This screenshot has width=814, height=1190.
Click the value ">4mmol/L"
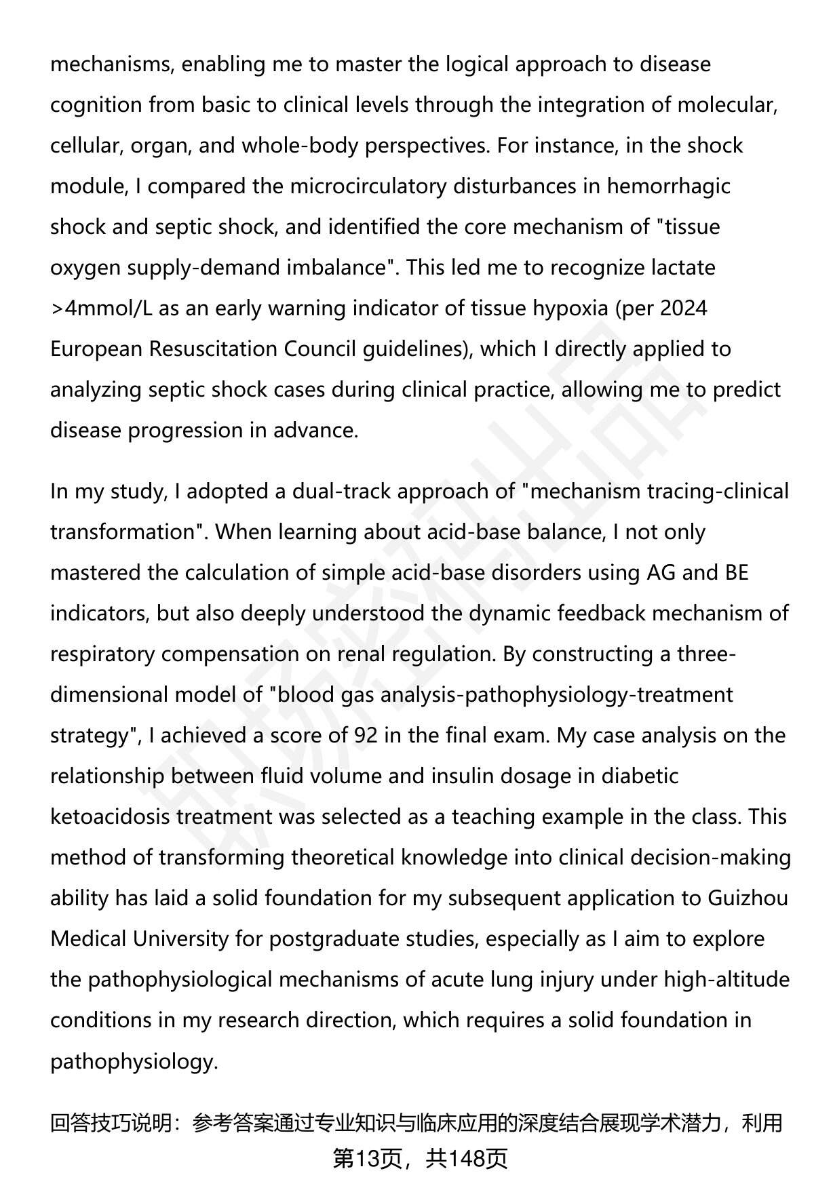point(102,308)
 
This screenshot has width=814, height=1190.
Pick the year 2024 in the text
point(683,308)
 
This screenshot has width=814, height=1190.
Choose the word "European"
point(96,349)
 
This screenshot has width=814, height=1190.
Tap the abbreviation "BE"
point(737,572)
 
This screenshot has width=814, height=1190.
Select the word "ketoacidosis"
point(111,816)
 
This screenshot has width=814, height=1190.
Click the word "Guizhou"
point(748,898)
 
